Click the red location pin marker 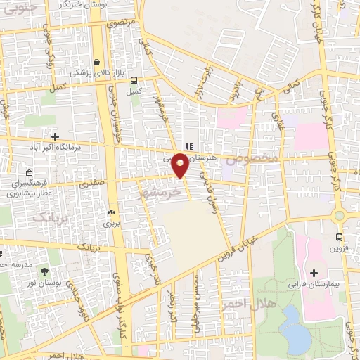(181, 165)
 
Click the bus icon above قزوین (340, 238)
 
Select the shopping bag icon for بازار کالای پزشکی (96, 61)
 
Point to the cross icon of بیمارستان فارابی (314, 273)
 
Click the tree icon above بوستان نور (45, 271)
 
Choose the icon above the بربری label (110, 212)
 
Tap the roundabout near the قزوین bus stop (339, 216)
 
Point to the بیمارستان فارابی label (314, 286)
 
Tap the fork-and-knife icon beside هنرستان (188, 147)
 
